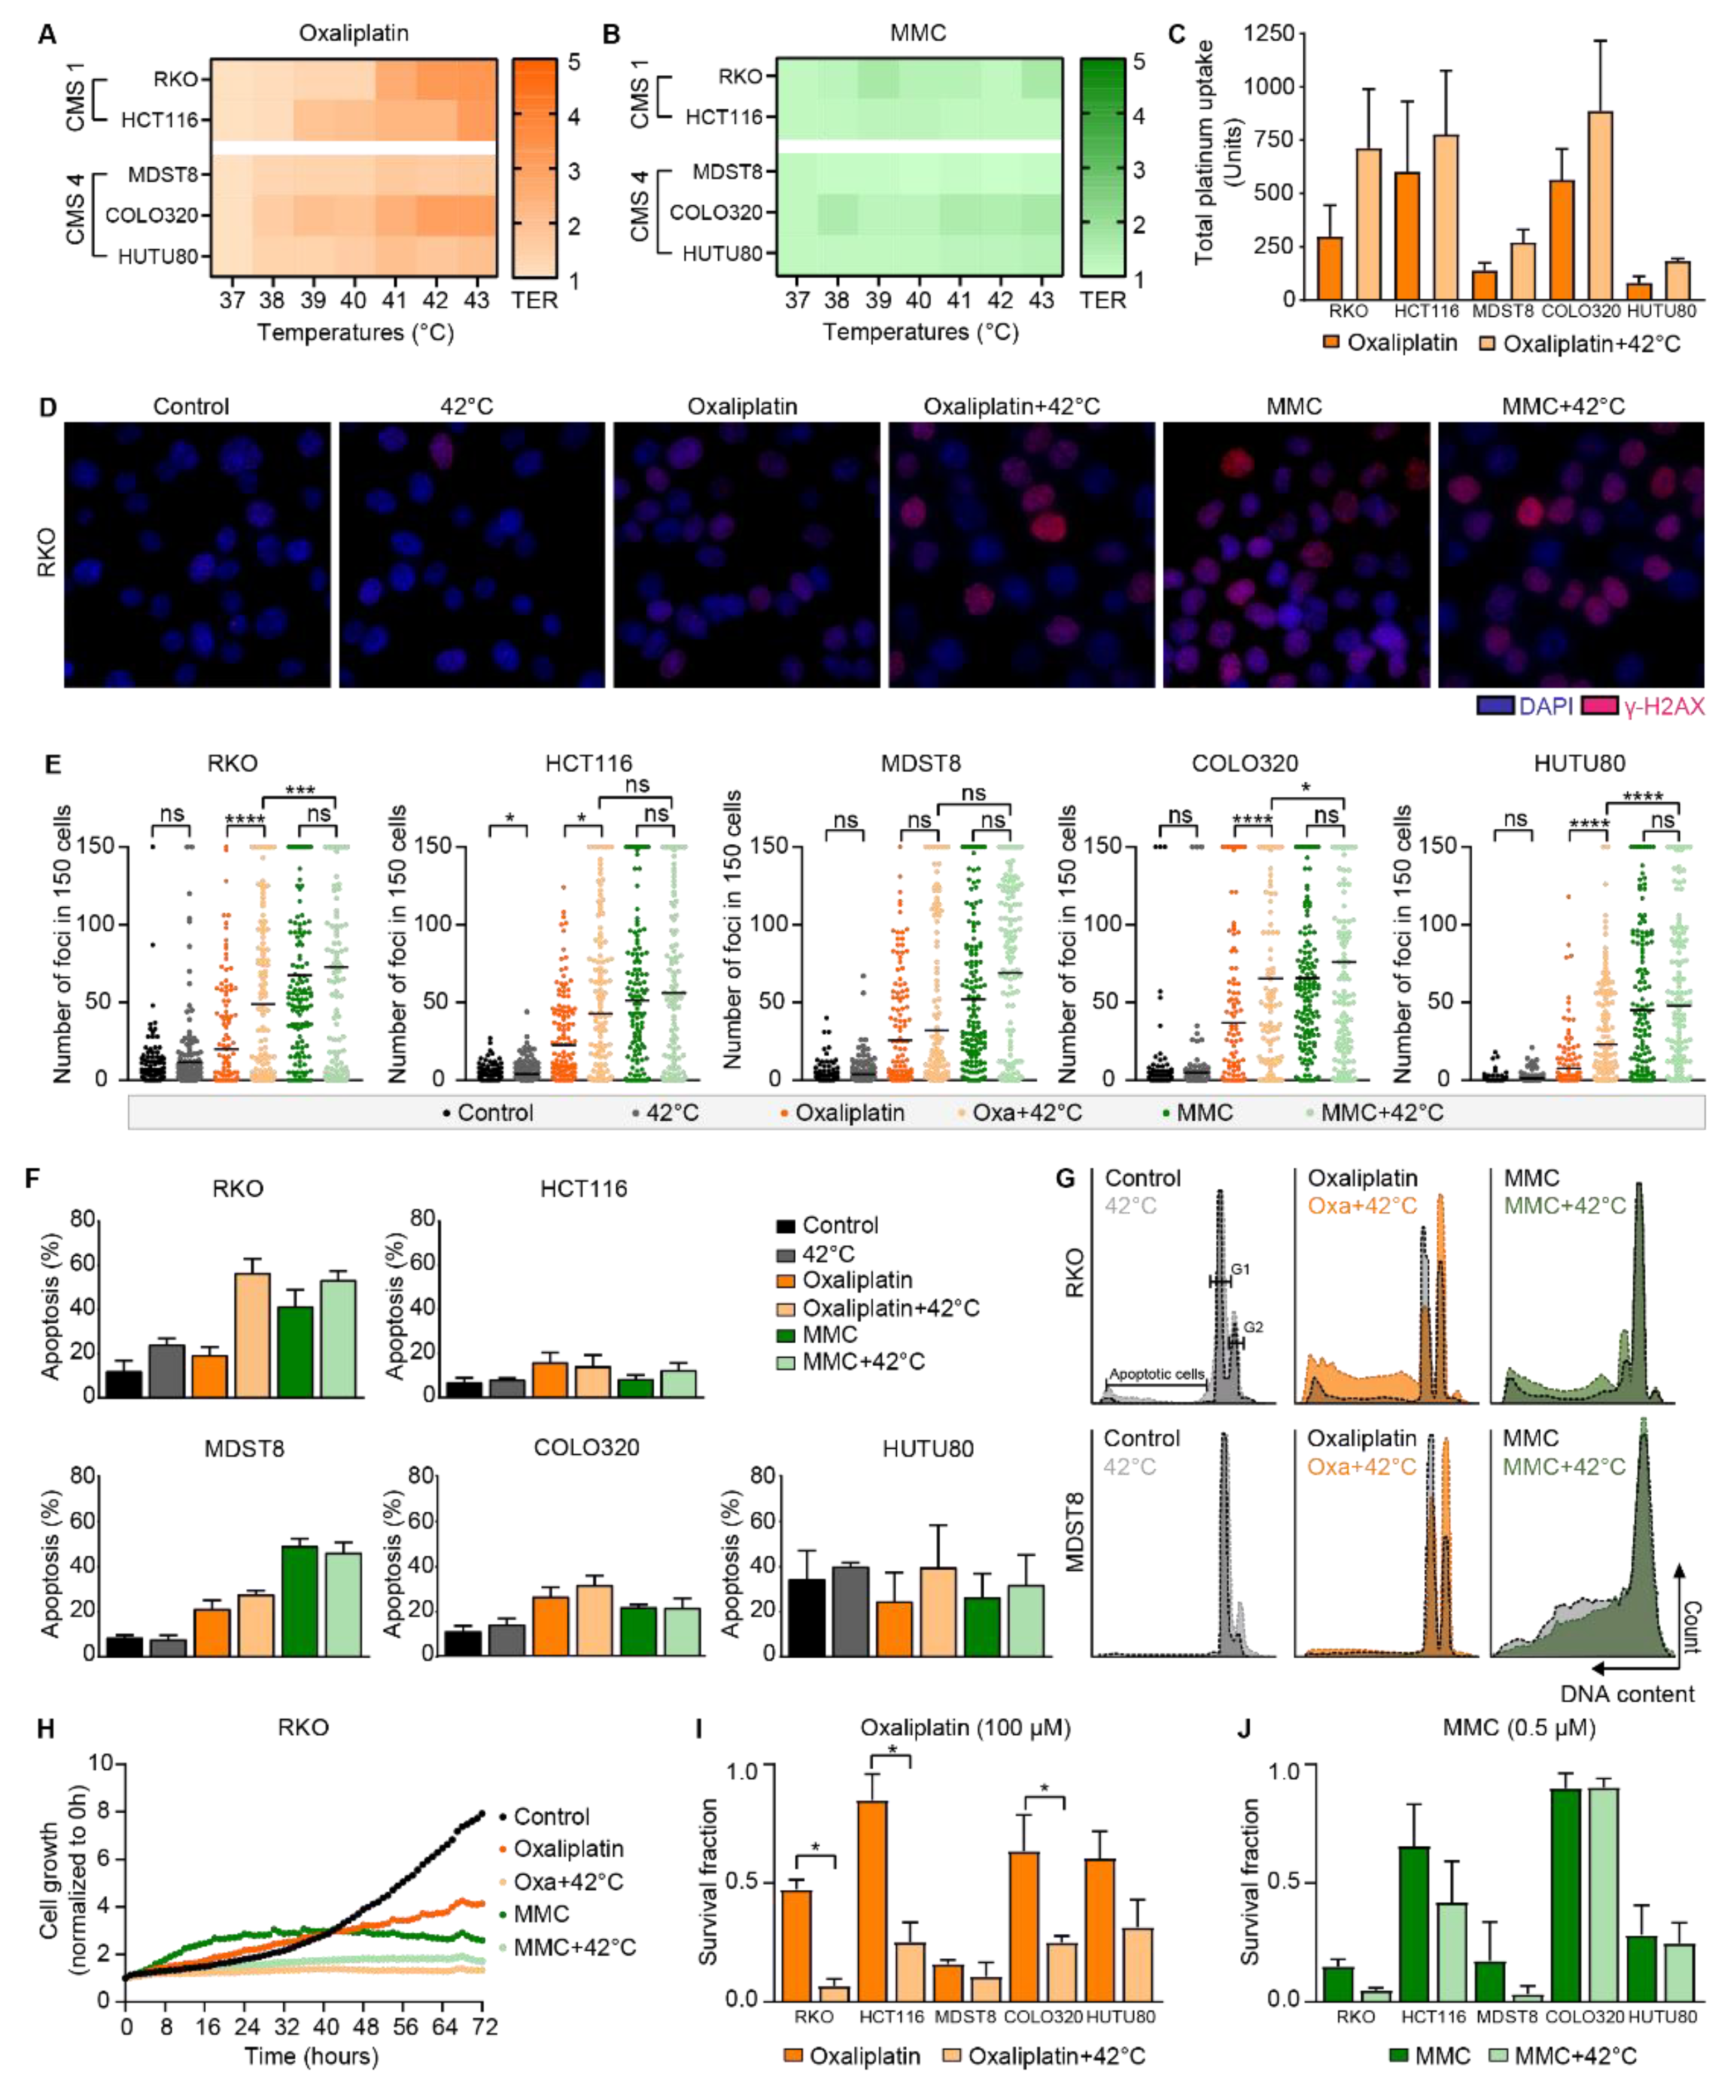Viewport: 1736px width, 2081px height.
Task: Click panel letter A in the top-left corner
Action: pyautogui.click(x=47, y=35)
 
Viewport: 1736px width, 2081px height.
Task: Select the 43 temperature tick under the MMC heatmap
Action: pyautogui.click(x=1041, y=300)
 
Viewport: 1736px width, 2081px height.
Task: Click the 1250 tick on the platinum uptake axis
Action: pyautogui.click(x=1268, y=33)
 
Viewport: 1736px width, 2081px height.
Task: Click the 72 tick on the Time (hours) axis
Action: pyautogui.click(x=483, y=2026)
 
